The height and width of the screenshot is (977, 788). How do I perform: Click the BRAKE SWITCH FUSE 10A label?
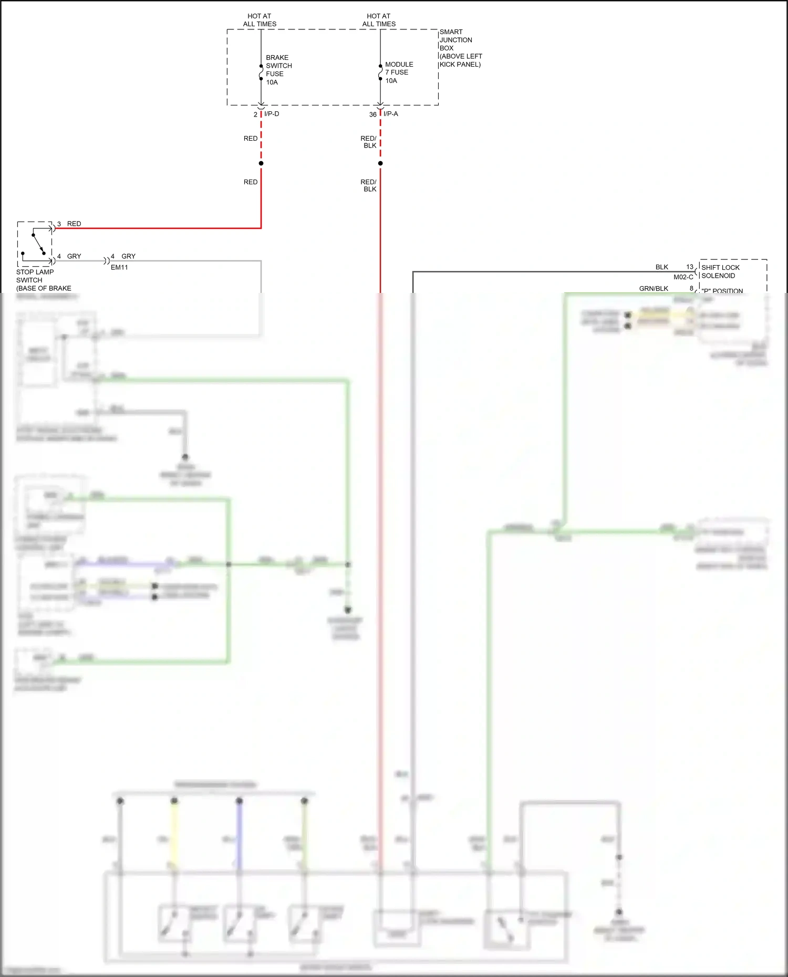click(x=278, y=70)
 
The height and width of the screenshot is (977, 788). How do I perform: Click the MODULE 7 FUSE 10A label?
click(x=399, y=72)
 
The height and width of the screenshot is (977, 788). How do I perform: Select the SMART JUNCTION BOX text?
click(x=459, y=48)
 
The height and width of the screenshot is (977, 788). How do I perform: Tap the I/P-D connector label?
click(x=272, y=114)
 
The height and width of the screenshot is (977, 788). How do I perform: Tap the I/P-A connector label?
click(x=391, y=114)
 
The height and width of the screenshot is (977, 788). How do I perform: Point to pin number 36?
click(x=372, y=114)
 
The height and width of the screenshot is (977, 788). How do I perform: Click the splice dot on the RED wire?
click(x=261, y=163)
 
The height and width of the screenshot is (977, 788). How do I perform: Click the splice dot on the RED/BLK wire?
click(x=380, y=163)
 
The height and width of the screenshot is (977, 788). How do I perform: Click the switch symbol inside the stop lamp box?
click(x=38, y=245)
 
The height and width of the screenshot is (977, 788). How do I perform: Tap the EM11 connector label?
click(x=119, y=267)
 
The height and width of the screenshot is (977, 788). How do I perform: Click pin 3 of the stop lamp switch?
click(x=59, y=224)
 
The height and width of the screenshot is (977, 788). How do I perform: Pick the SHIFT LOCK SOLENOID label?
click(x=720, y=271)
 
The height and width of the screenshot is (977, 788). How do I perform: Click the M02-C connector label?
click(x=683, y=277)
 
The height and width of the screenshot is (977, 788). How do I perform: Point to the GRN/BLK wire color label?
click(x=654, y=289)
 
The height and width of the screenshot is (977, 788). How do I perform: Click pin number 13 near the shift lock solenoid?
click(x=690, y=267)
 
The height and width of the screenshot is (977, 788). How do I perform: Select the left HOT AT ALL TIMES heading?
click(x=260, y=20)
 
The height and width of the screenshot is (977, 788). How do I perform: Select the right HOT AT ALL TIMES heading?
click(x=379, y=20)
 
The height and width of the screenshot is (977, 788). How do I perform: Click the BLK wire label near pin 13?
click(x=661, y=267)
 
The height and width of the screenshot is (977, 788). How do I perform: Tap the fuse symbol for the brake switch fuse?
click(x=261, y=72)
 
